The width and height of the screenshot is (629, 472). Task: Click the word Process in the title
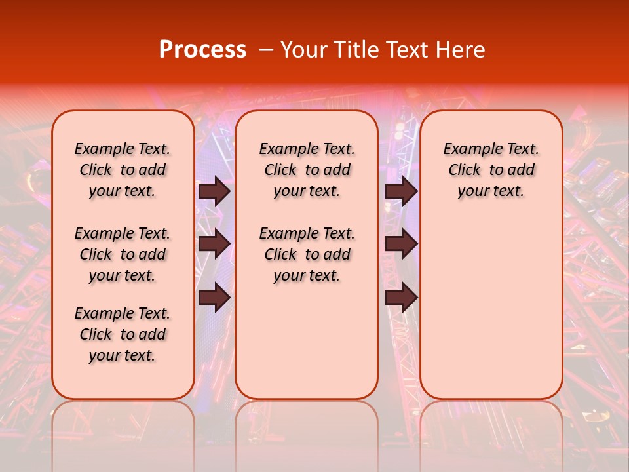(202, 50)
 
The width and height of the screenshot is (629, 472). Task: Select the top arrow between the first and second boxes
(214, 191)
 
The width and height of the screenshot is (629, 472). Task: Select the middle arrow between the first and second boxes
(214, 244)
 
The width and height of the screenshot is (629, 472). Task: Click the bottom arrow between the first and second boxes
(214, 298)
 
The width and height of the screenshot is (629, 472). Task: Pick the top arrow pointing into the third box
(401, 191)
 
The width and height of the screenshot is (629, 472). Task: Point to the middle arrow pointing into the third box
(401, 244)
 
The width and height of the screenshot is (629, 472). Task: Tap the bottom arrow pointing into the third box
(401, 298)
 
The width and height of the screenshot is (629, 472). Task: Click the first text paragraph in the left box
(123, 170)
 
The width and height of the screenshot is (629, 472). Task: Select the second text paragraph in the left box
(123, 254)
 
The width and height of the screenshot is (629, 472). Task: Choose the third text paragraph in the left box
(123, 334)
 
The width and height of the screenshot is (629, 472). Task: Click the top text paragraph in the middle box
(307, 170)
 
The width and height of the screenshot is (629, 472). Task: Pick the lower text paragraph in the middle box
(307, 254)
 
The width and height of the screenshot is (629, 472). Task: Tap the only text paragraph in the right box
(491, 170)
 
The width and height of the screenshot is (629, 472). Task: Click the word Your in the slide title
(301, 50)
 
